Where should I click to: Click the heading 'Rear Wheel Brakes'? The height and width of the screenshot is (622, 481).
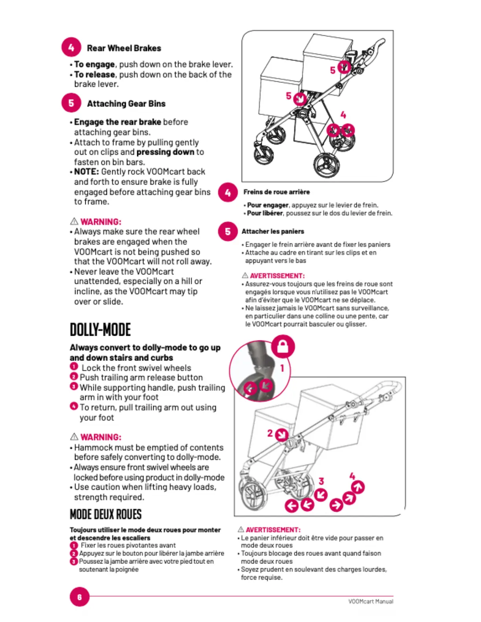tap(124, 48)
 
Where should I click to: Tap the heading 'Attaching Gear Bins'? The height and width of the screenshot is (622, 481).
tap(126, 104)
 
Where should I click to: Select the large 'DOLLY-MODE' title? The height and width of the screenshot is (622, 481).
tap(100, 330)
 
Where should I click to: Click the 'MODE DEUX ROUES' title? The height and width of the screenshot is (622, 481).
tap(105, 514)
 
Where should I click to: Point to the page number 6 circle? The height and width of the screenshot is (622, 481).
tap(79, 597)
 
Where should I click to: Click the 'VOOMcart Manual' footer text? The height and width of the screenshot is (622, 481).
tap(371, 601)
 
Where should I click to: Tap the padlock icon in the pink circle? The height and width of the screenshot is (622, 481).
tap(283, 346)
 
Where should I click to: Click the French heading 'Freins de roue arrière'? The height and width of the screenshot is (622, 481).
tap(276, 192)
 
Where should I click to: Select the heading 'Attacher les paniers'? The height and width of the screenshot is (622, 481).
tap(273, 231)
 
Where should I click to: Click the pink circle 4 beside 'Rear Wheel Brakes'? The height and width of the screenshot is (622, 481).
tap(71, 48)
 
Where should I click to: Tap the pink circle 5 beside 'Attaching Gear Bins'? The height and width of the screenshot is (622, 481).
tap(71, 103)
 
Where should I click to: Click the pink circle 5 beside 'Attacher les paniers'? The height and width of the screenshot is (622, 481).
tap(228, 231)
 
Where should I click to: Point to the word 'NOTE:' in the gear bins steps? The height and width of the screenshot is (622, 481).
tap(86, 172)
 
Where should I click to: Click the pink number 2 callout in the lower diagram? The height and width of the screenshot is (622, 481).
tap(270, 433)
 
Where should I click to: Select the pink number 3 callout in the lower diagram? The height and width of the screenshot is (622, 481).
tap(321, 481)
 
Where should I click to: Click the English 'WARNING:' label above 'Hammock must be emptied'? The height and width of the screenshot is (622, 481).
tap(101, 437)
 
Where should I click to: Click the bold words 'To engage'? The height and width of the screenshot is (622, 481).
tap(94, 64)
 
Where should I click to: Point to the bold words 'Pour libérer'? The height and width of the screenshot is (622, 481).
tap(265, 213)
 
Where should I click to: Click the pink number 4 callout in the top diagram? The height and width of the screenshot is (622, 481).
tap(343, 115)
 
